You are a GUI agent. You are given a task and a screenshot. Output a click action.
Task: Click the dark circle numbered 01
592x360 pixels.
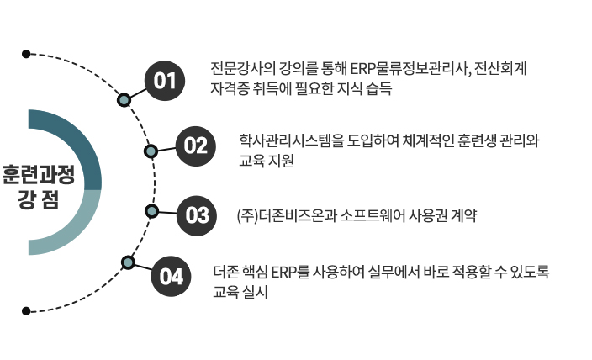[165, 81]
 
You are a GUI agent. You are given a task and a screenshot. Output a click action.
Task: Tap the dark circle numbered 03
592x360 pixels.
[197, 214]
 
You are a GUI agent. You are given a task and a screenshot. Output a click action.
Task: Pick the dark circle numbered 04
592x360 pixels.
[172, 276]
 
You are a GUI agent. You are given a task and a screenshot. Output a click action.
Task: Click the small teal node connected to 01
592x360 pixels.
[124, 99]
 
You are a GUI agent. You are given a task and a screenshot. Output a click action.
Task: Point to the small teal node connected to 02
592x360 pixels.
[151, 151]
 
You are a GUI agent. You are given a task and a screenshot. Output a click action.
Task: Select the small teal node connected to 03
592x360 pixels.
[151, 210]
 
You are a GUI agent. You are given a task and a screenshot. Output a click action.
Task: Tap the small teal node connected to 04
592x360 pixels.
[128, 262]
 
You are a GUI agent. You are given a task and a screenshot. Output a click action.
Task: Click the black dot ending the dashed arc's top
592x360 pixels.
[27, 54]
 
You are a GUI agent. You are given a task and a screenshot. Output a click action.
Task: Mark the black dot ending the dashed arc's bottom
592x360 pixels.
[27, 311]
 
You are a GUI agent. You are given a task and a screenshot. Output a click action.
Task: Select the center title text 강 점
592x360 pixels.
[37, 200]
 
